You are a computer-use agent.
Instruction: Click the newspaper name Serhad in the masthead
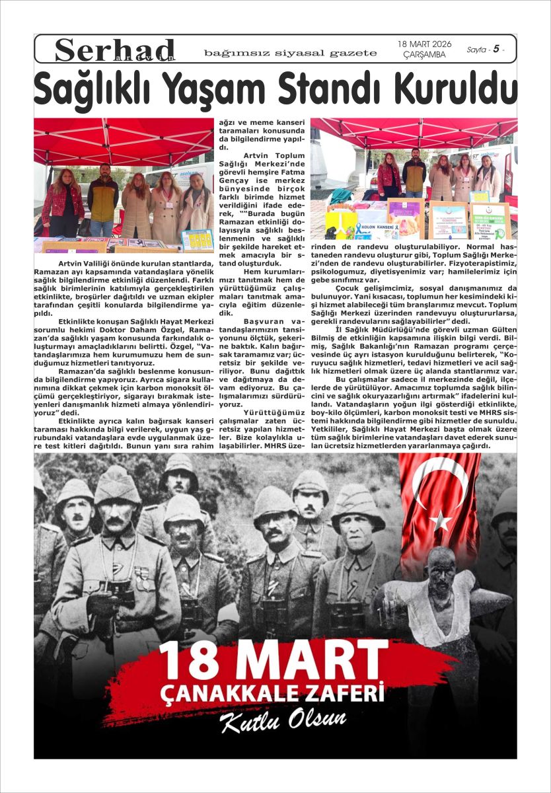115,50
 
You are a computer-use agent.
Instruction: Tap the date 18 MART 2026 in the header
424,44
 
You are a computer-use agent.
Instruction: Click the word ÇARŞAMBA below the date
424,55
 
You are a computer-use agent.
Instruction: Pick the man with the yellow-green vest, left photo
102,198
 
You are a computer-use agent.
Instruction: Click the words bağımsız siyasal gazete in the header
291,52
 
